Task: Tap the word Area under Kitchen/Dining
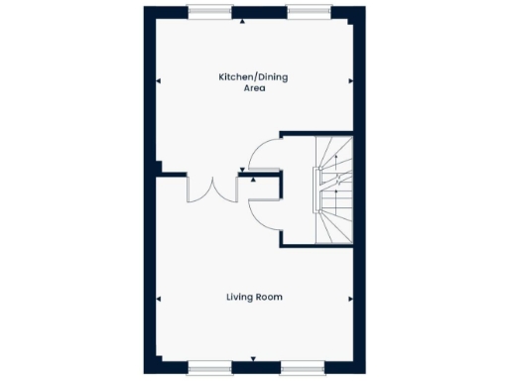pos(254,88)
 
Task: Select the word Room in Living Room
pos(270,297)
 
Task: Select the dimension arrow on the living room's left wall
pos(159,298)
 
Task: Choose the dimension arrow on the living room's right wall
pos(349,298)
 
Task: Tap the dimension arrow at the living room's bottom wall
pos(255,358)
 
